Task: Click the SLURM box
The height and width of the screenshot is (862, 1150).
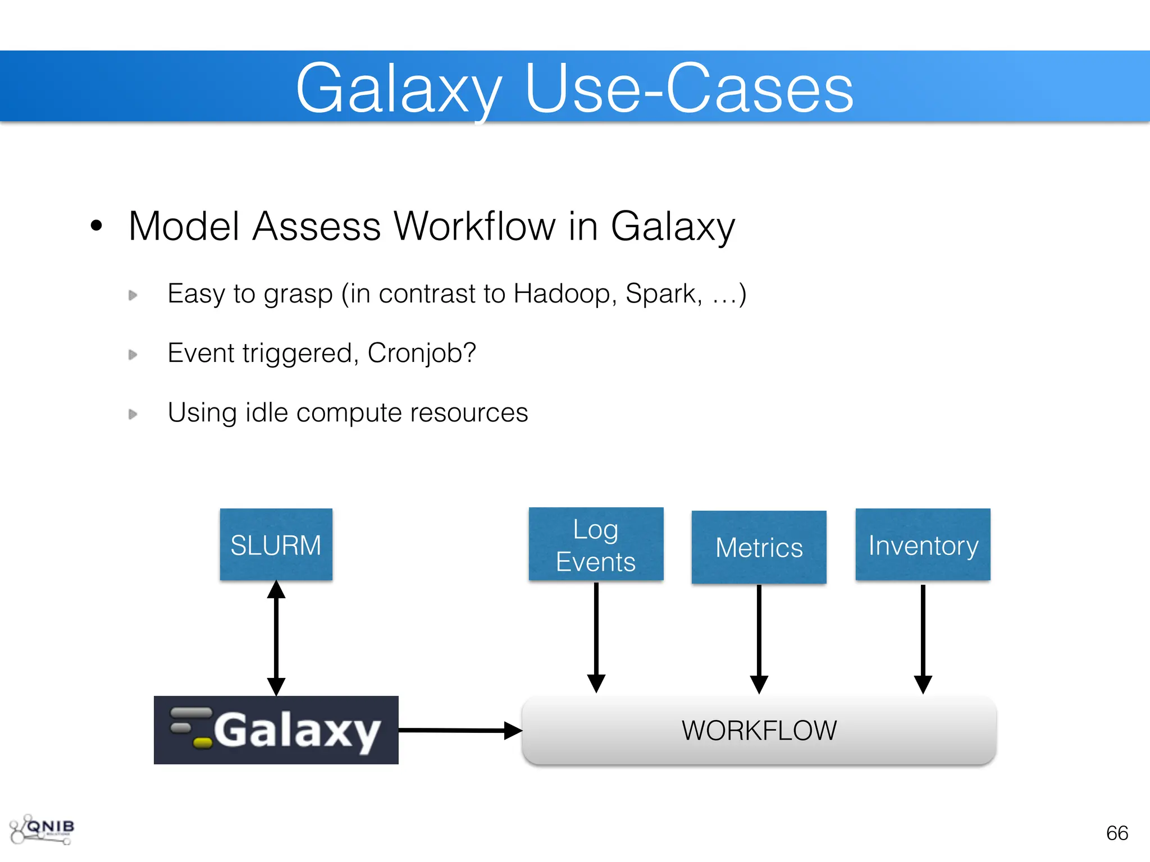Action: [x=276, y=544]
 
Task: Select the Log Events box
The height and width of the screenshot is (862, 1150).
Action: [x=596, y=544]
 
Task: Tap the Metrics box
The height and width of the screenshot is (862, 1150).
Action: [x=759, y=547]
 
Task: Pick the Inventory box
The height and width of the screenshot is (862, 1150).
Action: [x=923, y=544]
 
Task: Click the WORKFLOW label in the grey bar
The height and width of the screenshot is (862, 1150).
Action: [x=759, y=731]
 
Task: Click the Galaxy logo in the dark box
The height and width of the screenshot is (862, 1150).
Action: [x=276, y=730]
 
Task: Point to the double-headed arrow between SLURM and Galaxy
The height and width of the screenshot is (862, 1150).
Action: [x=276, y=638]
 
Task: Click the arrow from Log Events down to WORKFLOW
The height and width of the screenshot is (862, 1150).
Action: [x=596, y=637]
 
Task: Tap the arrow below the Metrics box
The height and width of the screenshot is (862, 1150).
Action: [x=759, y=639]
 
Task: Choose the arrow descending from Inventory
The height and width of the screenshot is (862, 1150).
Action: [x=923, y=639]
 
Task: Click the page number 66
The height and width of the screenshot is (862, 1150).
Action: [x=1117, y=833]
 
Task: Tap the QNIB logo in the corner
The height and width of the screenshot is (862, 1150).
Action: [x=43, y=829]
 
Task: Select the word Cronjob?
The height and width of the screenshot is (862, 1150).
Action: [x=422, y=353]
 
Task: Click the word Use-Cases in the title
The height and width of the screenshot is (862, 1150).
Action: [x=689, y=89]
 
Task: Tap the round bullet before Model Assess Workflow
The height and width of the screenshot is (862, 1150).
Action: [x=97, y=226]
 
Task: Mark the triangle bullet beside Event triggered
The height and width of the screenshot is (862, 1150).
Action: [x=133, y=355]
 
